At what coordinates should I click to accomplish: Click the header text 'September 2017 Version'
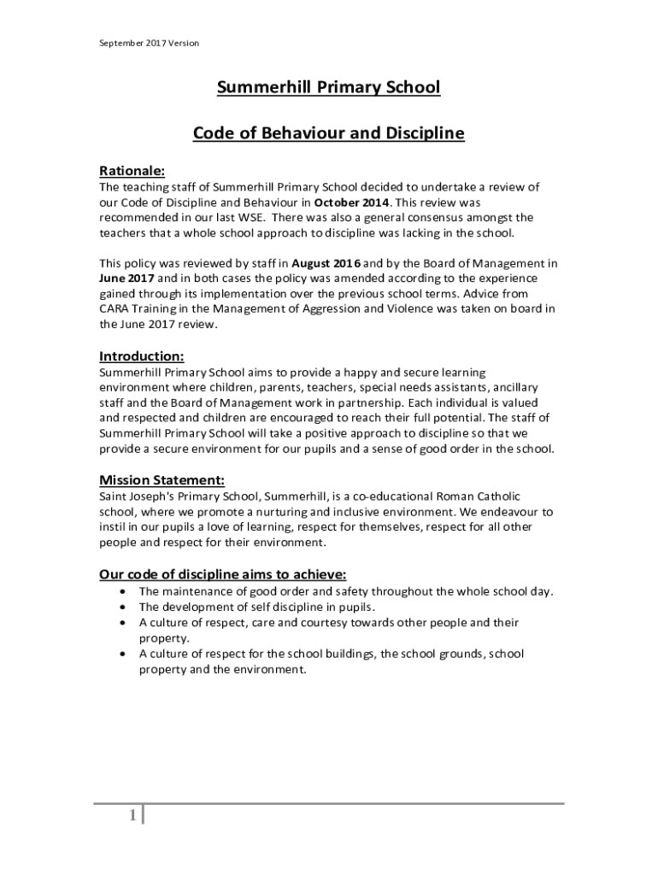[150, 43]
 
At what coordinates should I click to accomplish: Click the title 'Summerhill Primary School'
[328, 87]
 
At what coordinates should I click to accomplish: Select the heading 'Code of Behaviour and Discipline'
[328, 133]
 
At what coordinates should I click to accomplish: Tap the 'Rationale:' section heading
[132, 171]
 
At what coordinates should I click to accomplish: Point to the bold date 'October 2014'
[351, 203]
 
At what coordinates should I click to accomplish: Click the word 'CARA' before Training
[116, 310]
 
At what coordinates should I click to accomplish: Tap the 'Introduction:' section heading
[141, 356]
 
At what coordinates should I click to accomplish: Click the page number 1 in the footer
[133, 817]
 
